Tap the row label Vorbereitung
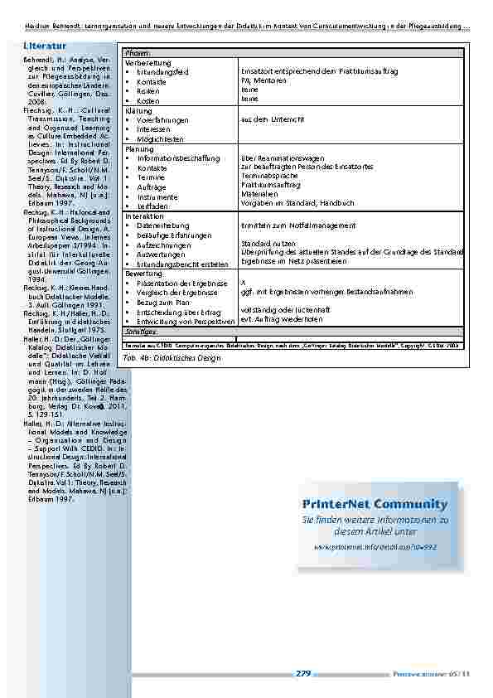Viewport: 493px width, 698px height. pos(148,63)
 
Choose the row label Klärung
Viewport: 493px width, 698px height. pos(138,110)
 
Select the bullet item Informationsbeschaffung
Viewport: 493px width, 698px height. pos(178,158)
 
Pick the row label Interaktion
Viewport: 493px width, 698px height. pos(144,216)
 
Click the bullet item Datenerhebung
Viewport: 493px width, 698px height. pos(165,225)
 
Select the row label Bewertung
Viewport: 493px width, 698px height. pos(143,273)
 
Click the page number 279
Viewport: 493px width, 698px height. pos(303,674)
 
